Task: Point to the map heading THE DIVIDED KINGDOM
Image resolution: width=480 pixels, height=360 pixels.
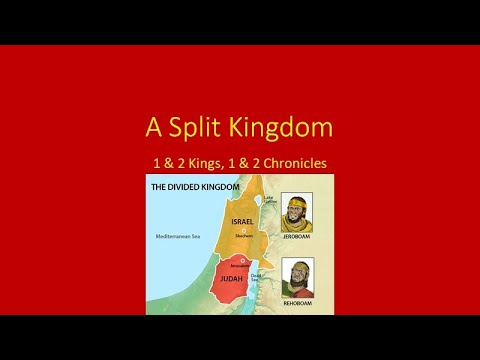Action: click(193, 187)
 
